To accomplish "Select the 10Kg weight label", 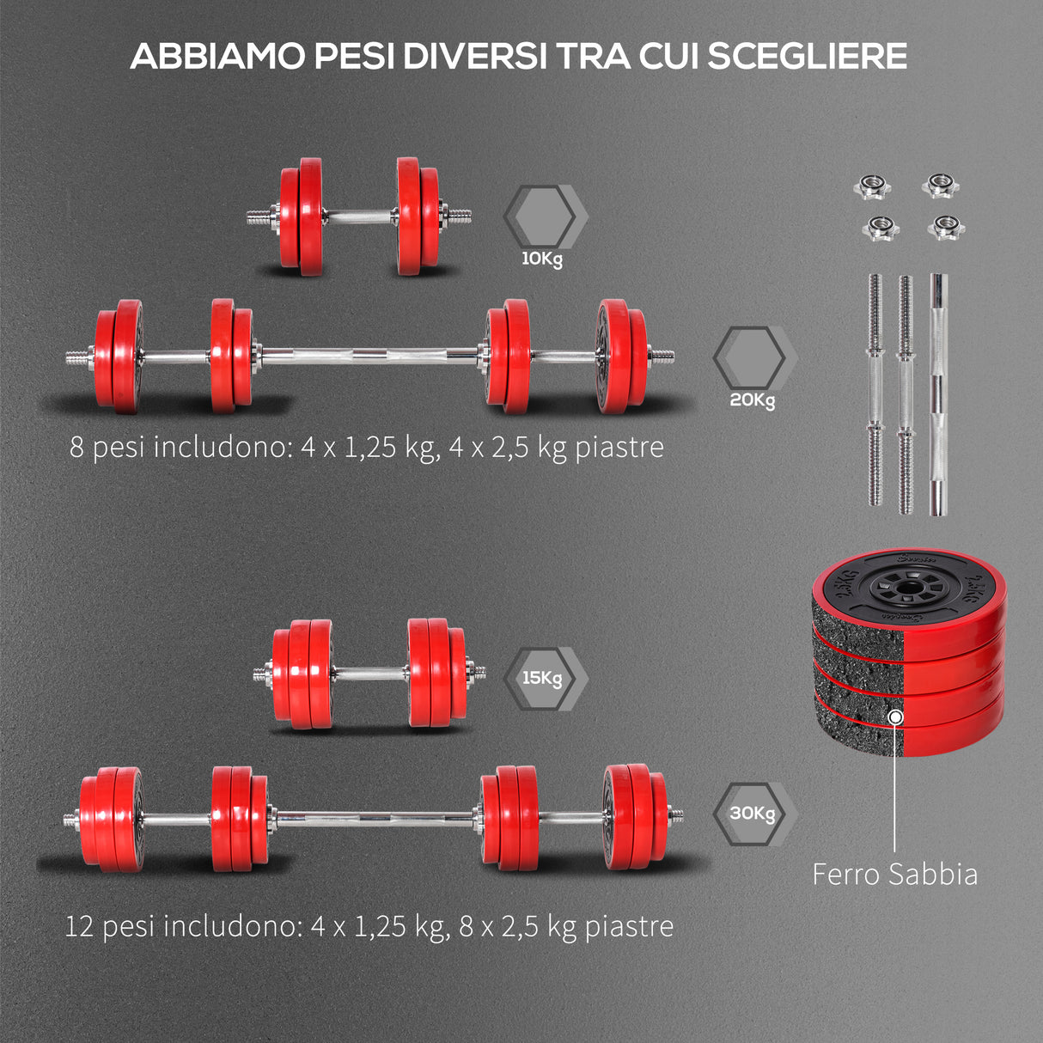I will (541, 259).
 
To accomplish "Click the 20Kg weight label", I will (752, 400).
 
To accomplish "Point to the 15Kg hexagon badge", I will (543, 678).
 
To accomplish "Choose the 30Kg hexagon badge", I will (753, 813).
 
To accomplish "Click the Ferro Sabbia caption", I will (894, 875).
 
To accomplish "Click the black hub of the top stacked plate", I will (907, 589).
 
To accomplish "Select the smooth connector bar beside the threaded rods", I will (936, 395).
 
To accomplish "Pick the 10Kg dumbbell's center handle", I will (359, 217).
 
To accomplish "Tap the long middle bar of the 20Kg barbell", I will (369, 354).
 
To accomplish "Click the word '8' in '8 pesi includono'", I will (77, 448).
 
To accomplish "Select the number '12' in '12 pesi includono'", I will (79, 926).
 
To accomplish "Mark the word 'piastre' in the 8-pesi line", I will (619, 448).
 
